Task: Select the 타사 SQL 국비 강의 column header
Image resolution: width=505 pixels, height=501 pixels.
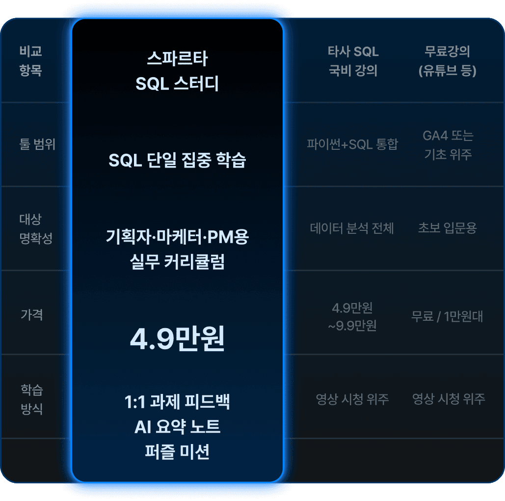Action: [353, 61]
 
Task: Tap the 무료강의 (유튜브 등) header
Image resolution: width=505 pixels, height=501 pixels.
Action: [447, 61]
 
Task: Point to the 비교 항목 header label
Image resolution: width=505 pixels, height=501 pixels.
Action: [31, 61]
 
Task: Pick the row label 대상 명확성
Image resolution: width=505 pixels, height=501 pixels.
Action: [35, 228]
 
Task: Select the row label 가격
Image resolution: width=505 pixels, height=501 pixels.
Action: [32, 314]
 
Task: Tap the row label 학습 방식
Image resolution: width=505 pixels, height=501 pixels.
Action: [32, 399]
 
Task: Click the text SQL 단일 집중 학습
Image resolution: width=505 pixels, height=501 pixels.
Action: [177, 161]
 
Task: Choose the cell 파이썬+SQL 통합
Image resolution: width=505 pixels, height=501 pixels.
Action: [352, 144]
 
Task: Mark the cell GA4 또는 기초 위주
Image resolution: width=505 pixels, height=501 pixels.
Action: [448, 144]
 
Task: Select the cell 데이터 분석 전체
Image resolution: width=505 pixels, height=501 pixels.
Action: [352, 228]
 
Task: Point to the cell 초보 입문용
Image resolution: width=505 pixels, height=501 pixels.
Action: [447, 228]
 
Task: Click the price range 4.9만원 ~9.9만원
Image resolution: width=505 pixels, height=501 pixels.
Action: [352, 317]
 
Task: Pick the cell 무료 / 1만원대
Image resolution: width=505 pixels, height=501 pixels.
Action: [447, 317]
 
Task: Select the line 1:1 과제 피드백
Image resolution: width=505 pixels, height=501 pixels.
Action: [177, 402]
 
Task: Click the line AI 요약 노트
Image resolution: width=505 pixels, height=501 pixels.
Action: [177, 427]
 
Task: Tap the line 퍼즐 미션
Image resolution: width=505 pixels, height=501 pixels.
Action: [177, 451]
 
